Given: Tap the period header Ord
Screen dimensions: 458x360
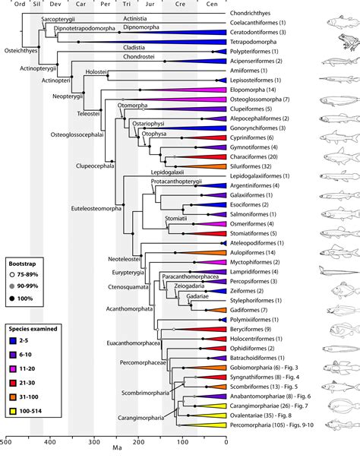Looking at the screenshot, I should pos(11,4).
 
